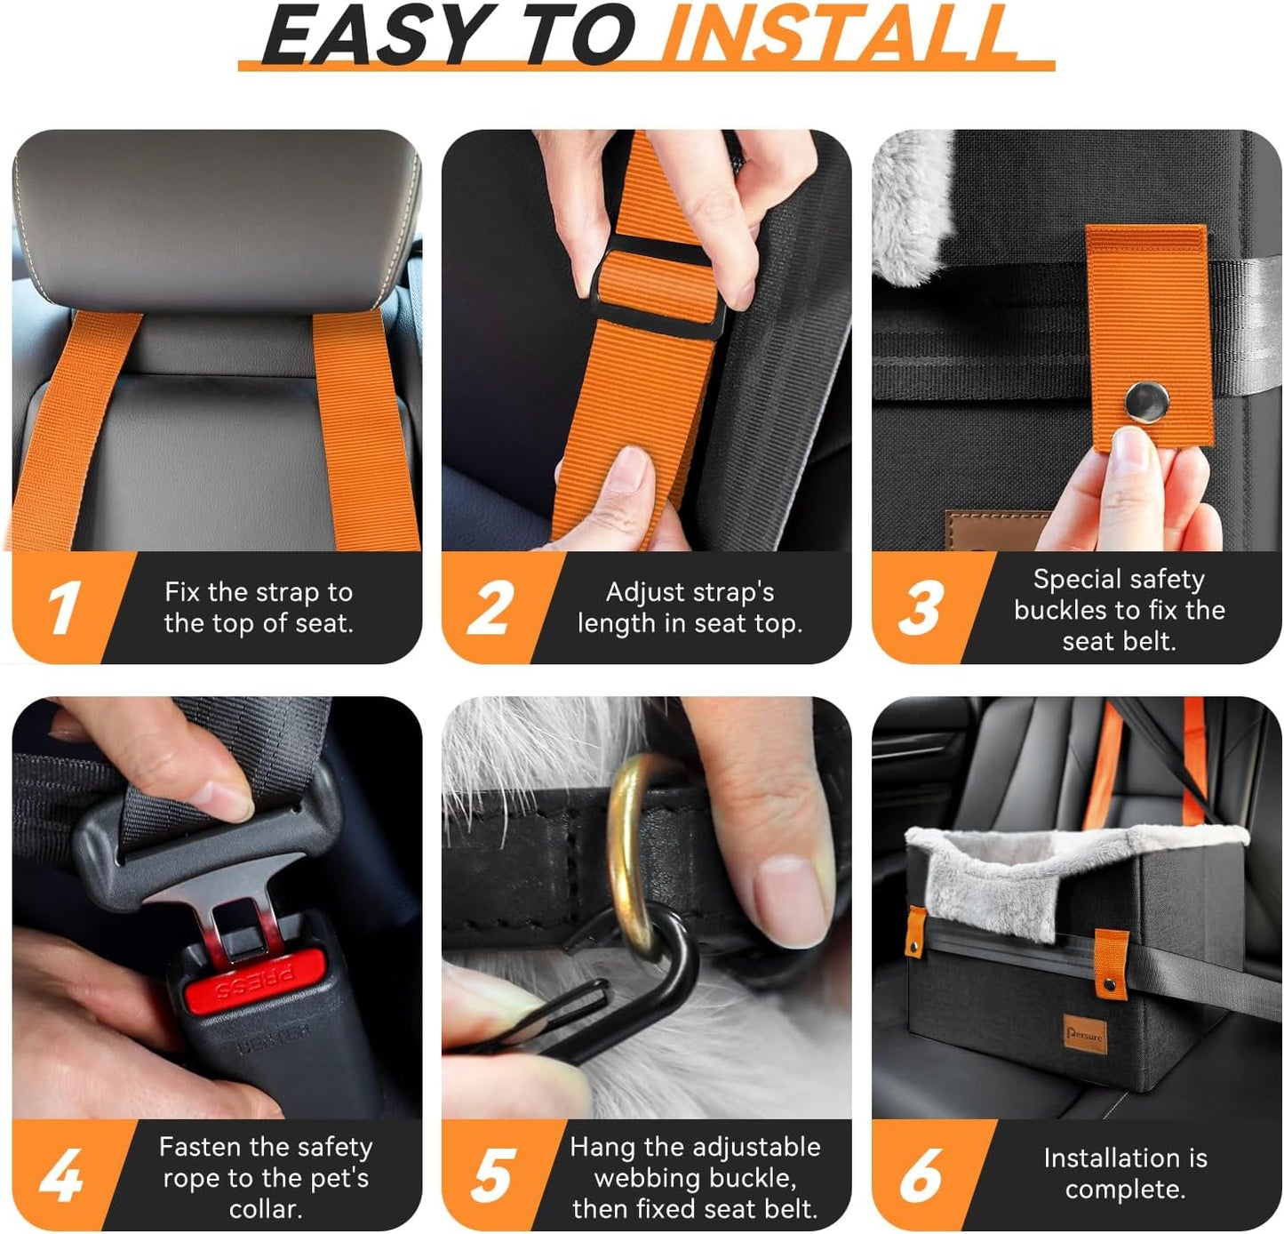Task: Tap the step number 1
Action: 64,608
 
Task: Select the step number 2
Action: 491,608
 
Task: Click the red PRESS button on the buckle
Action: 255,983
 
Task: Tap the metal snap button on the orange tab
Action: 1146,400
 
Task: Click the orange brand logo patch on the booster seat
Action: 1084,1034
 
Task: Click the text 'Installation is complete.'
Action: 1125,1174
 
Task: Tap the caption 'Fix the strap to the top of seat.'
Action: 259,607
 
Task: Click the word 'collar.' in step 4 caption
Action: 266,1209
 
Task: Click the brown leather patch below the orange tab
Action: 986,530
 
